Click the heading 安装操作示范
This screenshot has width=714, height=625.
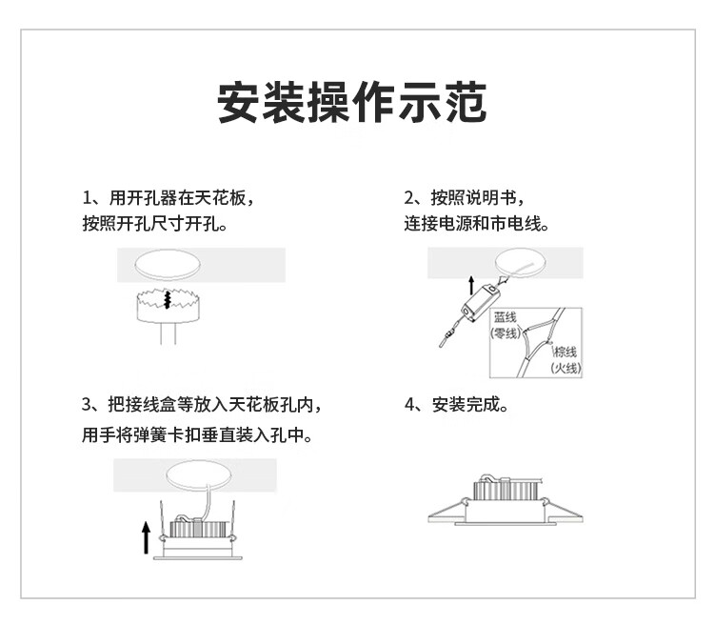352,103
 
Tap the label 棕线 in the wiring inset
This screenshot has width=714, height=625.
565,352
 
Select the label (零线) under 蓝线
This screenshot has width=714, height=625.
505,333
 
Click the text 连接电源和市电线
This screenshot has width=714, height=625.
477,225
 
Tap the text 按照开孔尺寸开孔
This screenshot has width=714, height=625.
156,225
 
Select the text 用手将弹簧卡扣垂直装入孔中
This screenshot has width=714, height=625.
200,434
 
